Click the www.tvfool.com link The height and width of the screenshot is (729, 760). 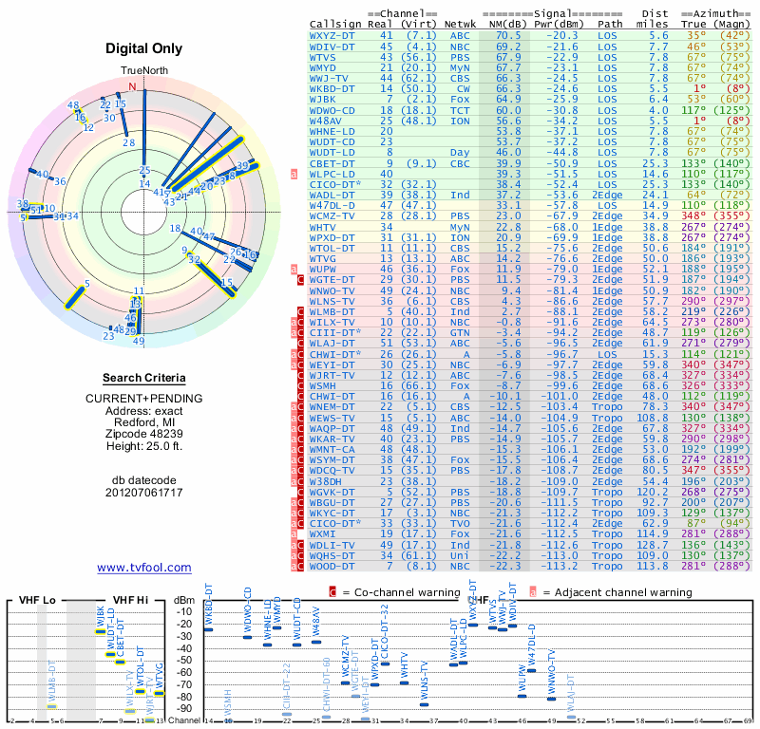(x=143, y=568)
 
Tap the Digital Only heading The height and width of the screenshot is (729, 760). (x=143, y=48)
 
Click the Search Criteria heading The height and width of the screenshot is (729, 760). (x=143, y=378)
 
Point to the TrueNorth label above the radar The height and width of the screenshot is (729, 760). (x=142, y=72)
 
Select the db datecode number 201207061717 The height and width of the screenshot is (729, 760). (x=143, y=493)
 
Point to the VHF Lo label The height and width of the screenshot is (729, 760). (x=34, y=600)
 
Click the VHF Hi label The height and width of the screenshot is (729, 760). (x=128, y=600)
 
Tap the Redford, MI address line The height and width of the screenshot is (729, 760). (x=143, y=421)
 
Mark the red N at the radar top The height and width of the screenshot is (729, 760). (x=132, y=86)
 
